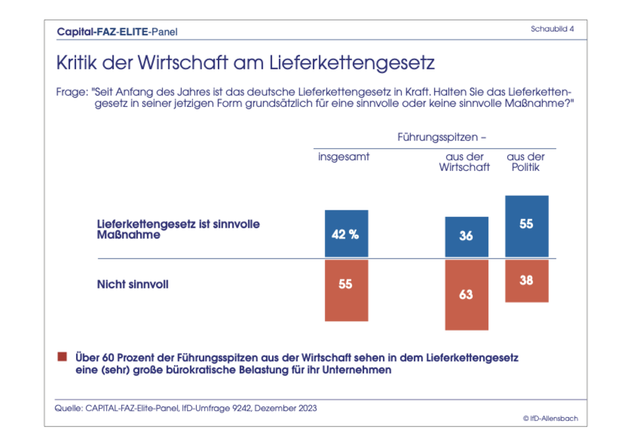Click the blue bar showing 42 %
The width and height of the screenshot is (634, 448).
point(346,234)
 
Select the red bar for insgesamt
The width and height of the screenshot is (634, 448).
point(346,290)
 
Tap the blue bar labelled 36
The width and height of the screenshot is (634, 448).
point(466,237)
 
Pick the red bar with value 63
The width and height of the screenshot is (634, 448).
point(466,294)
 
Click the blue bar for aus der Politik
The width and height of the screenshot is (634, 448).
point(526,226)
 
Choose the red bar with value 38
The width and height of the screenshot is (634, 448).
point(526,280)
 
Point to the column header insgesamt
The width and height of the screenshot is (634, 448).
point(343,157)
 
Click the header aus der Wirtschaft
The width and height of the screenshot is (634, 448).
point(465,162)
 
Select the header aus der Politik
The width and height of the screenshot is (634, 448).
point(526,162)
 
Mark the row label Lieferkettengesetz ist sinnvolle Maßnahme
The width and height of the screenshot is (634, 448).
point(178,229)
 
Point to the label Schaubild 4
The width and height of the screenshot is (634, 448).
point(552,29)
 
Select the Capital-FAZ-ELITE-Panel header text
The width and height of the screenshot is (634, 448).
point(117,31)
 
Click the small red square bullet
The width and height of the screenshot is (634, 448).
point(62,357)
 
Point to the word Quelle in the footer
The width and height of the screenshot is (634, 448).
point(68,408)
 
